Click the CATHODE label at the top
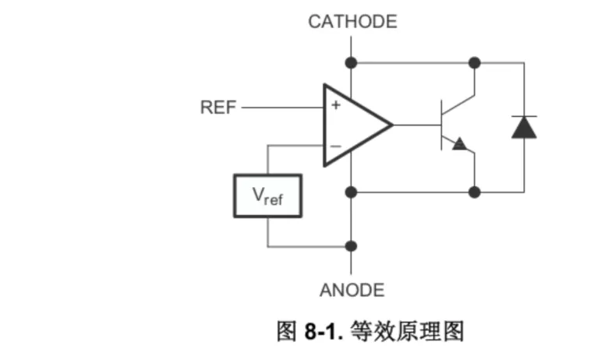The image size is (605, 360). [352, 21]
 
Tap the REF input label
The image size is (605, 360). [218, 108]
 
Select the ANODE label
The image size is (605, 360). [352, 291]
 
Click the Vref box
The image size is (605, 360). [267, 196]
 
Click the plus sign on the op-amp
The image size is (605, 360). [336, 105]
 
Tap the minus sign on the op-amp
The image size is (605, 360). [336, 146]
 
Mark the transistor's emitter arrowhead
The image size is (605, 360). [459, 144]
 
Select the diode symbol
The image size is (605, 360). [524, 126]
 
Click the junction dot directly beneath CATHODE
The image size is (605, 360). [352, 62]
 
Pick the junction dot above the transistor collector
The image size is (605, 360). [474, 62]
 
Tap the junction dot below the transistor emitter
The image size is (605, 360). [474, 191]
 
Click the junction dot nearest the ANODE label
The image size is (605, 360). [352, 246]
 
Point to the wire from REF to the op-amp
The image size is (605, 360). [281, 108]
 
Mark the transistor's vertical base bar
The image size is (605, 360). [441, 125]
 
